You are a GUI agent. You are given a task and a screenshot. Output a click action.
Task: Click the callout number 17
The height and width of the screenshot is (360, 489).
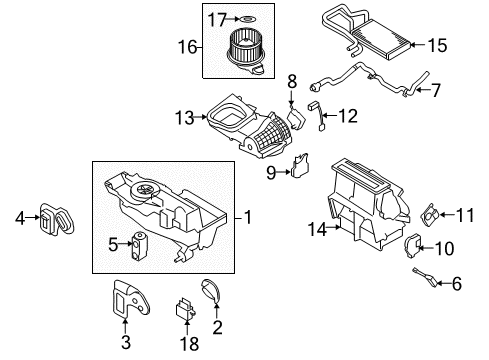coord(217,20)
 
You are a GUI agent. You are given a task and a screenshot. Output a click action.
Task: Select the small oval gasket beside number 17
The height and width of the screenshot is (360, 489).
coord(247,19)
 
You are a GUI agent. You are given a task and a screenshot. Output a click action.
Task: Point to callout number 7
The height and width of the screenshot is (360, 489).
coord(435,90)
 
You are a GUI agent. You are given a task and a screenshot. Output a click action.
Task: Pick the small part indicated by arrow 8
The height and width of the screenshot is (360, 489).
coord(296,118)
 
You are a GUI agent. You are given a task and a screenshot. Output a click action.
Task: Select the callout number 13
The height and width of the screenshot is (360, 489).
coord(185,118)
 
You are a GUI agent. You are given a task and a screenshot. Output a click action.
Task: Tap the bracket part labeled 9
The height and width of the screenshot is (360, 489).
coord(300,166)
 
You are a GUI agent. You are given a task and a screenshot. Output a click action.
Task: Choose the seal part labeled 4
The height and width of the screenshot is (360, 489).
coord(57,219)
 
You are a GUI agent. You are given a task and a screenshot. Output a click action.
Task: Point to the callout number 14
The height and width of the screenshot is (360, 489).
coord(317,230)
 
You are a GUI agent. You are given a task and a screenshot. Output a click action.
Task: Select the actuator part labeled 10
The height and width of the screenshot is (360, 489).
coord(413,246)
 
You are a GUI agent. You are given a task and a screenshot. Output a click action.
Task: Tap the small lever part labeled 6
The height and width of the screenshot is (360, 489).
coord(426,277)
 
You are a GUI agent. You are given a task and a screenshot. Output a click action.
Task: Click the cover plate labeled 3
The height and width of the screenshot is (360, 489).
coord(130,297)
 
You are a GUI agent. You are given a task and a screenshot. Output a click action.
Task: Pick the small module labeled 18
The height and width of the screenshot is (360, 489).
coord(185,309)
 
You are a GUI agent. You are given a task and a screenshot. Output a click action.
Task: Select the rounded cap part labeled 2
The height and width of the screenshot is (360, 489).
coord(211,291)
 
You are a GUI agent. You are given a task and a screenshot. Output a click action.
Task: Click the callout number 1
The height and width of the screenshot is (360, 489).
coord(248,218)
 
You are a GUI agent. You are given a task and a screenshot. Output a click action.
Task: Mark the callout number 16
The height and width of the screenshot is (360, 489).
coord(187,47)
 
